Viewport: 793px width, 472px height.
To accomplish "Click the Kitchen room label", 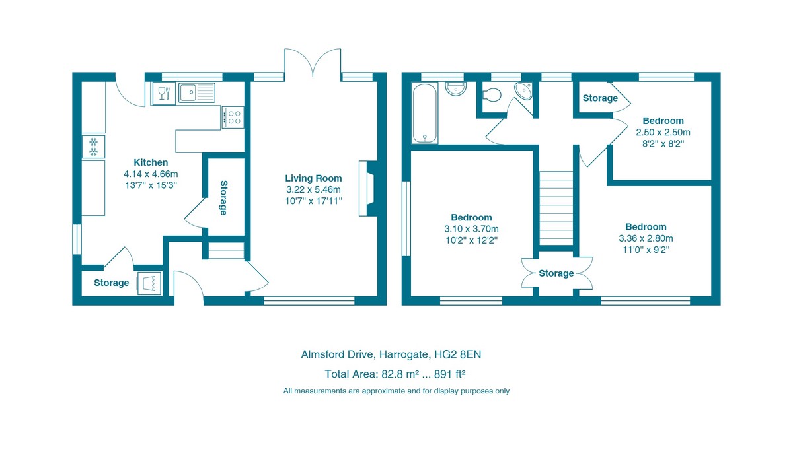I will coord(151,162).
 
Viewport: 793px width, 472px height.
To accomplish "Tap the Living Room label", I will coord(313,178).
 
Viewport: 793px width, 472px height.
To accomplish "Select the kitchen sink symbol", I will coord(197,93).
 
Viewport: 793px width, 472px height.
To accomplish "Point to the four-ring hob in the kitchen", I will coord(233,117).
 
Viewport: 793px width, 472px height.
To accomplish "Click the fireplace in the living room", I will coord(367,189).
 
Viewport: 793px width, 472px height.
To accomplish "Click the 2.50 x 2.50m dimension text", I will coord(663,132).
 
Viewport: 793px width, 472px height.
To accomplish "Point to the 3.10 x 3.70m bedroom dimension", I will coord(471,229).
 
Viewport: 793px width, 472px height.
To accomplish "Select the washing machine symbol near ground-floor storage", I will coord(149,283).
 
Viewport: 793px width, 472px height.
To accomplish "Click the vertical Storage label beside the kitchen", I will coord(223,198).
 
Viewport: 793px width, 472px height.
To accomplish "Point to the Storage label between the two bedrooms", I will coord(556,273).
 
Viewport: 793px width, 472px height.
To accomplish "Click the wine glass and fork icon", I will coord(164,93).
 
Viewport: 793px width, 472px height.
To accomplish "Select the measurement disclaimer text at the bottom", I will coord(397,391).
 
